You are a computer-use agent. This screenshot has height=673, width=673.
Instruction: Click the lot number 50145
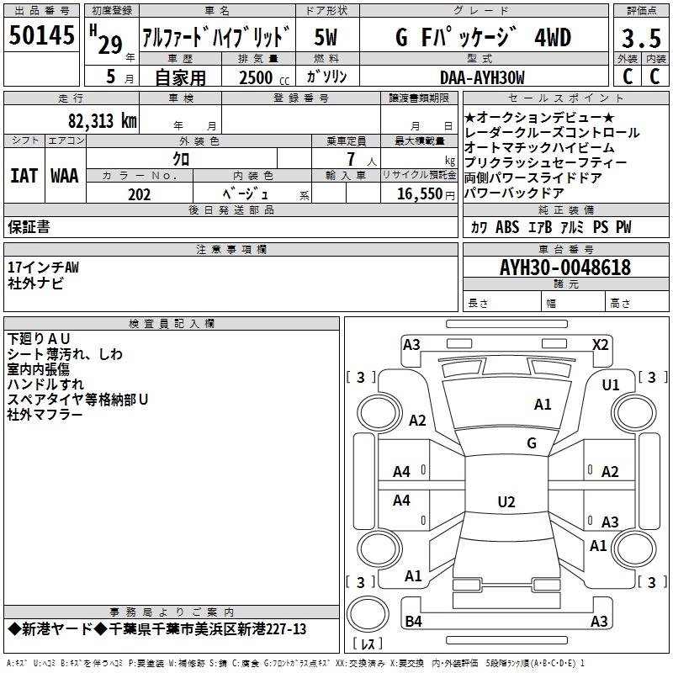[x=41, y=34]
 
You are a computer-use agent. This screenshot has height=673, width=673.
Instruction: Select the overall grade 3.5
[x=641, y=38]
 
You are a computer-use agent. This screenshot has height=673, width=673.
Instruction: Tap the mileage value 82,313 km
[x=103, y=121]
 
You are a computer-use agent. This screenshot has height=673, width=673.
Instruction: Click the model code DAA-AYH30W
[x=482, y=77]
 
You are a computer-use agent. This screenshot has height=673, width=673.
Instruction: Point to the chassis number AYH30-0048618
[x=565, y=268]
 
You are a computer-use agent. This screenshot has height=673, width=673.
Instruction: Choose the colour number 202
[x=139, y=194]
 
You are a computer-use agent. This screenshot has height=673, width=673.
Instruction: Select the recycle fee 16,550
[x=420, y=194]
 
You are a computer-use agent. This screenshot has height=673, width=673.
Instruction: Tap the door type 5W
[x=326, y=37]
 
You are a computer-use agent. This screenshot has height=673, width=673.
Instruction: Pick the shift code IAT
[x=24, y=176]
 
